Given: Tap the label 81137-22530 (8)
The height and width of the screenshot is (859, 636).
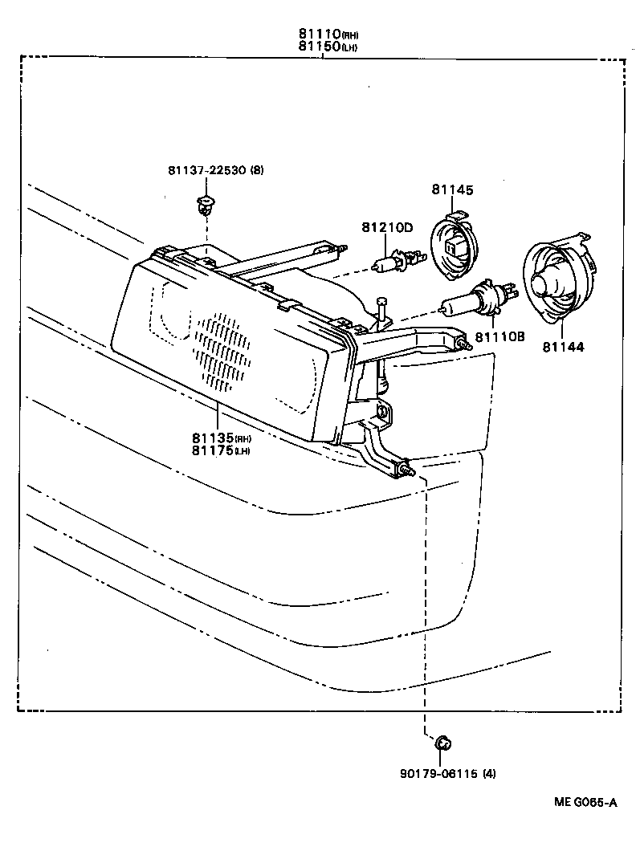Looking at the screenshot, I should (215, 169).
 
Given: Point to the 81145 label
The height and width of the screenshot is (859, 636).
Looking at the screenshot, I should (452, 190).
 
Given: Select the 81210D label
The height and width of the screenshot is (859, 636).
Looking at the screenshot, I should (386, 227).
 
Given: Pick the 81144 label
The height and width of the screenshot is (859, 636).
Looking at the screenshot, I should (562, 347).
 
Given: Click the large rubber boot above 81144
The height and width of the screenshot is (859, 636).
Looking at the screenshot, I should (558, 277).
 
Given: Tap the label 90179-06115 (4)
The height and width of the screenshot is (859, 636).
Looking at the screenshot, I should (447, 774).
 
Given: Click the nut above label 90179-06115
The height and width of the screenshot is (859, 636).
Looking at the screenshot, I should (442, 743).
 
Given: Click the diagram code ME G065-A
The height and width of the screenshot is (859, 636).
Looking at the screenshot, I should (585, 802).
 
